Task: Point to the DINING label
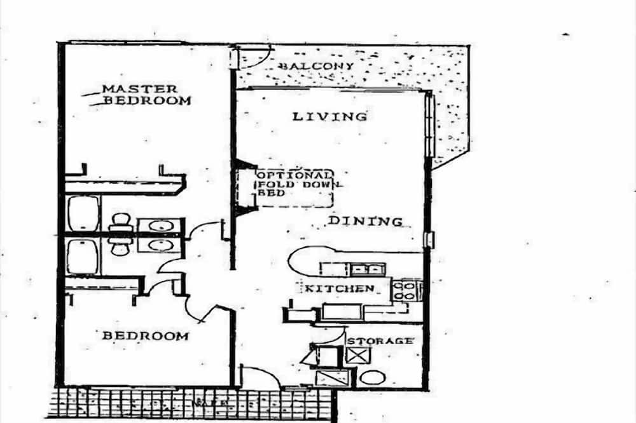click(365, 221)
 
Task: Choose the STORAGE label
click(379, 341)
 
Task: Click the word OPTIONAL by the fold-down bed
click(294, 175)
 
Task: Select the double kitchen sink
click(365, 269)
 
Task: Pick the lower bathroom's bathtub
click(83, 256)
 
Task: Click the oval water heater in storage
click(372, 377)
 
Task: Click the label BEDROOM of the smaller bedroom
click(146, 335)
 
